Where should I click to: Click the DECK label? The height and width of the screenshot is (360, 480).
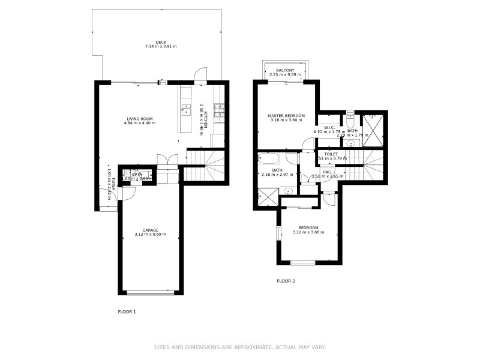161,42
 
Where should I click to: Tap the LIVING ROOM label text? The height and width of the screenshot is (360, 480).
139,118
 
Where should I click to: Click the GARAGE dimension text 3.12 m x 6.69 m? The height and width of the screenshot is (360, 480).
150,235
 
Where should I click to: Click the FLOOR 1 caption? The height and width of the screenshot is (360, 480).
127,312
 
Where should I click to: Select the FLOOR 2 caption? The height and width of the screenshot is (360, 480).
286,281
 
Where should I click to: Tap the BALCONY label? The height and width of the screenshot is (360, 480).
286,71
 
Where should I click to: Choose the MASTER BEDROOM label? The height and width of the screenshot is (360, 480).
286,115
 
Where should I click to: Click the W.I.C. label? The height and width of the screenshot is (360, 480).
329,127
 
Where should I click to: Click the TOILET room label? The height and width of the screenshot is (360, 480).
331,154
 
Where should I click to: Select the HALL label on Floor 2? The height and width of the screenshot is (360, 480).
328,172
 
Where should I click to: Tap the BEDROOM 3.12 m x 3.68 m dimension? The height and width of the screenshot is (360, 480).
309,232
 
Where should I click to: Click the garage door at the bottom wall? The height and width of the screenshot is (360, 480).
150,293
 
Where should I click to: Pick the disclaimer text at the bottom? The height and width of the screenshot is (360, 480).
240,347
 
